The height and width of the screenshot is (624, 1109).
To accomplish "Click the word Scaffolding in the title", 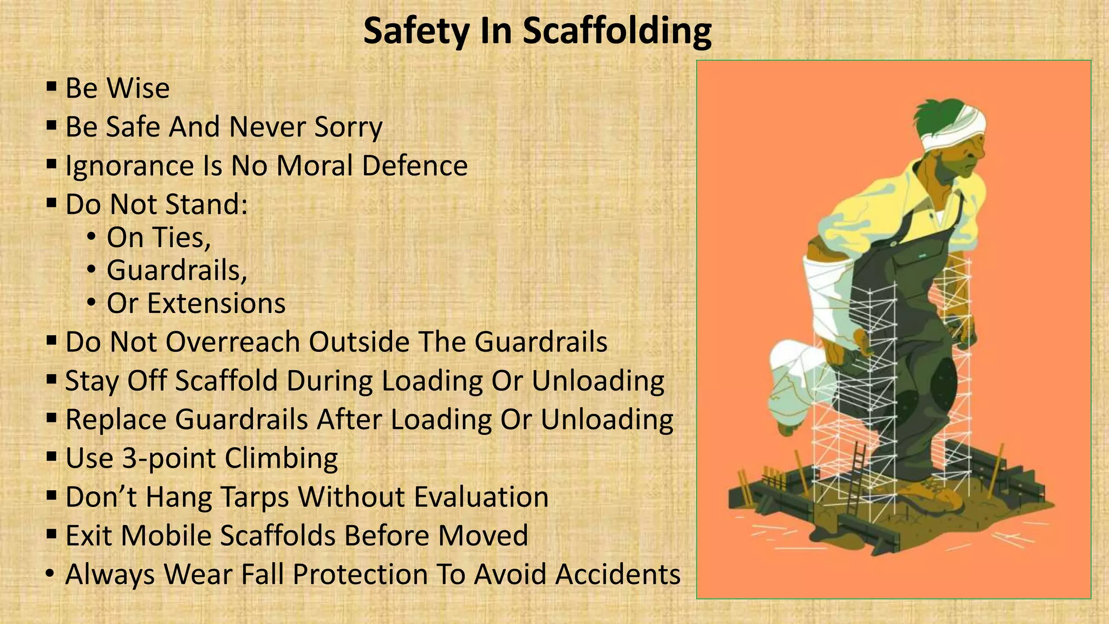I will (x=617, y=31).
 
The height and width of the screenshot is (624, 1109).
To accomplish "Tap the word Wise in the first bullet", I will (x=139, y=88).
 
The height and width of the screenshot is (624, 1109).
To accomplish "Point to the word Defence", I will (x=414, y=166).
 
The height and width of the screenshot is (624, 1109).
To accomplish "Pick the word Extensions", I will (x=217, y=303).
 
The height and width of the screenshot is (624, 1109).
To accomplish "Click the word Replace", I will (x=116, y=420).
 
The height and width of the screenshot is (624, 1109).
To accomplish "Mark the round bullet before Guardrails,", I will (x=92, y=269).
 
